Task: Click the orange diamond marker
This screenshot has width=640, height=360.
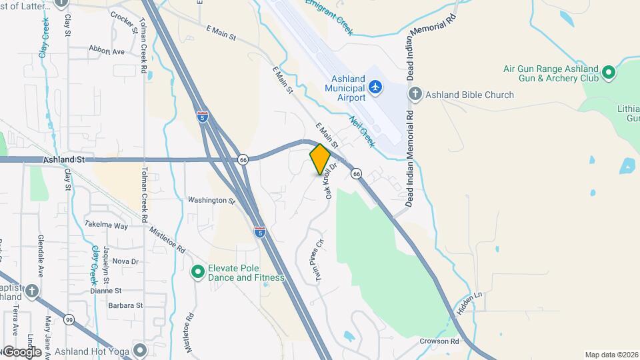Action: [x=320, y=159]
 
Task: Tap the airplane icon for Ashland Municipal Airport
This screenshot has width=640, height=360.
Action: [x=375, y=87]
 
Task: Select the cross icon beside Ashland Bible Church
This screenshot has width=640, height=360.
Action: [x=415, y=94]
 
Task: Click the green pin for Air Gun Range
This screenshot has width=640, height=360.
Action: [x=608, y=72]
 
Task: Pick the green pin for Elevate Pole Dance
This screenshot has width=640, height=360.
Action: [x=198, y=271]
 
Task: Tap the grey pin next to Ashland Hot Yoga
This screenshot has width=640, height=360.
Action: [x=139, y=349]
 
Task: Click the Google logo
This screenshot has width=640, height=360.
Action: [x=21, y=352]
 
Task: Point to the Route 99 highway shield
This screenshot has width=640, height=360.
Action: [x=69, y=321]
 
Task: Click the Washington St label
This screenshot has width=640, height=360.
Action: [x=211, y=199]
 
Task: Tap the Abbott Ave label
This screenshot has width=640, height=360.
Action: [x=107, y=51]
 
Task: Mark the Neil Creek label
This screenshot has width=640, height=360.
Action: [x=363, y=131]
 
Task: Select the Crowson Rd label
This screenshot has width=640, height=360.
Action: [x=440, y=341]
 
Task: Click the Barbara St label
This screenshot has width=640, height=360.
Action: [x=126, y=305]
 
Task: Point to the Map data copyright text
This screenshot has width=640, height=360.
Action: [x=611, y=355]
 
